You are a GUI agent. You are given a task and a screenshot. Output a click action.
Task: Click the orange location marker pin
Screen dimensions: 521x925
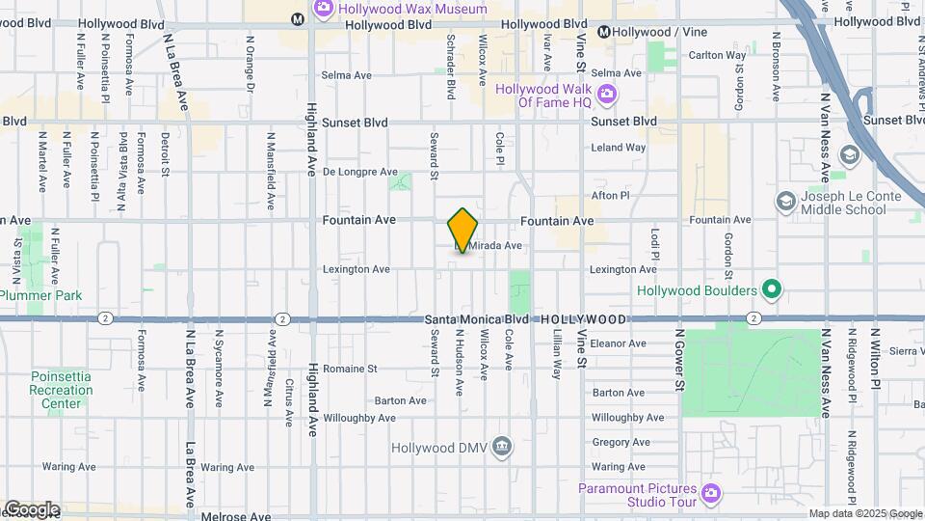[462, 231]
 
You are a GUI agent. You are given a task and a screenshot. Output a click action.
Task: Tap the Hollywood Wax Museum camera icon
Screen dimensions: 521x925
[324, 9]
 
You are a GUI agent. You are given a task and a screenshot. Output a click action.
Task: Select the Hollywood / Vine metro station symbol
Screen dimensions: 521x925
[604, 32]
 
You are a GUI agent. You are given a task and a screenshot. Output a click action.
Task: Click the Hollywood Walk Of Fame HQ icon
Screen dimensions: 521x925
[606, 94]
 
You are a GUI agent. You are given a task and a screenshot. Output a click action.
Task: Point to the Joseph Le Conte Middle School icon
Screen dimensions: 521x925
[785, 201]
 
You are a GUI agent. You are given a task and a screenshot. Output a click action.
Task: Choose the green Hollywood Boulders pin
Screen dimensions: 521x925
[771, 289]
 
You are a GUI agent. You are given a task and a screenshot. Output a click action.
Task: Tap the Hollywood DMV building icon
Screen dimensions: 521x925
[501, 446]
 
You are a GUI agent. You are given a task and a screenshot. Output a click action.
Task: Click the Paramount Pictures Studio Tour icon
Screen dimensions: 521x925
[711, 493]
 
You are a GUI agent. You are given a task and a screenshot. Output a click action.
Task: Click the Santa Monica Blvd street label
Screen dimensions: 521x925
[476, 319]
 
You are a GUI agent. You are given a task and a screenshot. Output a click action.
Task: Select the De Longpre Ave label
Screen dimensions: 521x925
[359, 172]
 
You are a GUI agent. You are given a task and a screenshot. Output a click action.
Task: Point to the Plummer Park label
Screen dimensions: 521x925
[40, 295]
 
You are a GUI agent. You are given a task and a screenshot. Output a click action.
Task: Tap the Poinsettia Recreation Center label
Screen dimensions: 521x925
[61, 390]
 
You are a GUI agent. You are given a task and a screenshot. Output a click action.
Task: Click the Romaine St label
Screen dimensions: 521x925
[350, 369]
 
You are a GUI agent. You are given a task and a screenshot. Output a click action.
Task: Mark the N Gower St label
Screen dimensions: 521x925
[679, 358]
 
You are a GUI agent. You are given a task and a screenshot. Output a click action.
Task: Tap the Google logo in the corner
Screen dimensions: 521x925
[31, 509]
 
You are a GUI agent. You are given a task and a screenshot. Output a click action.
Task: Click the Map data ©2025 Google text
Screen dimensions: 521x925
[864, 514]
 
